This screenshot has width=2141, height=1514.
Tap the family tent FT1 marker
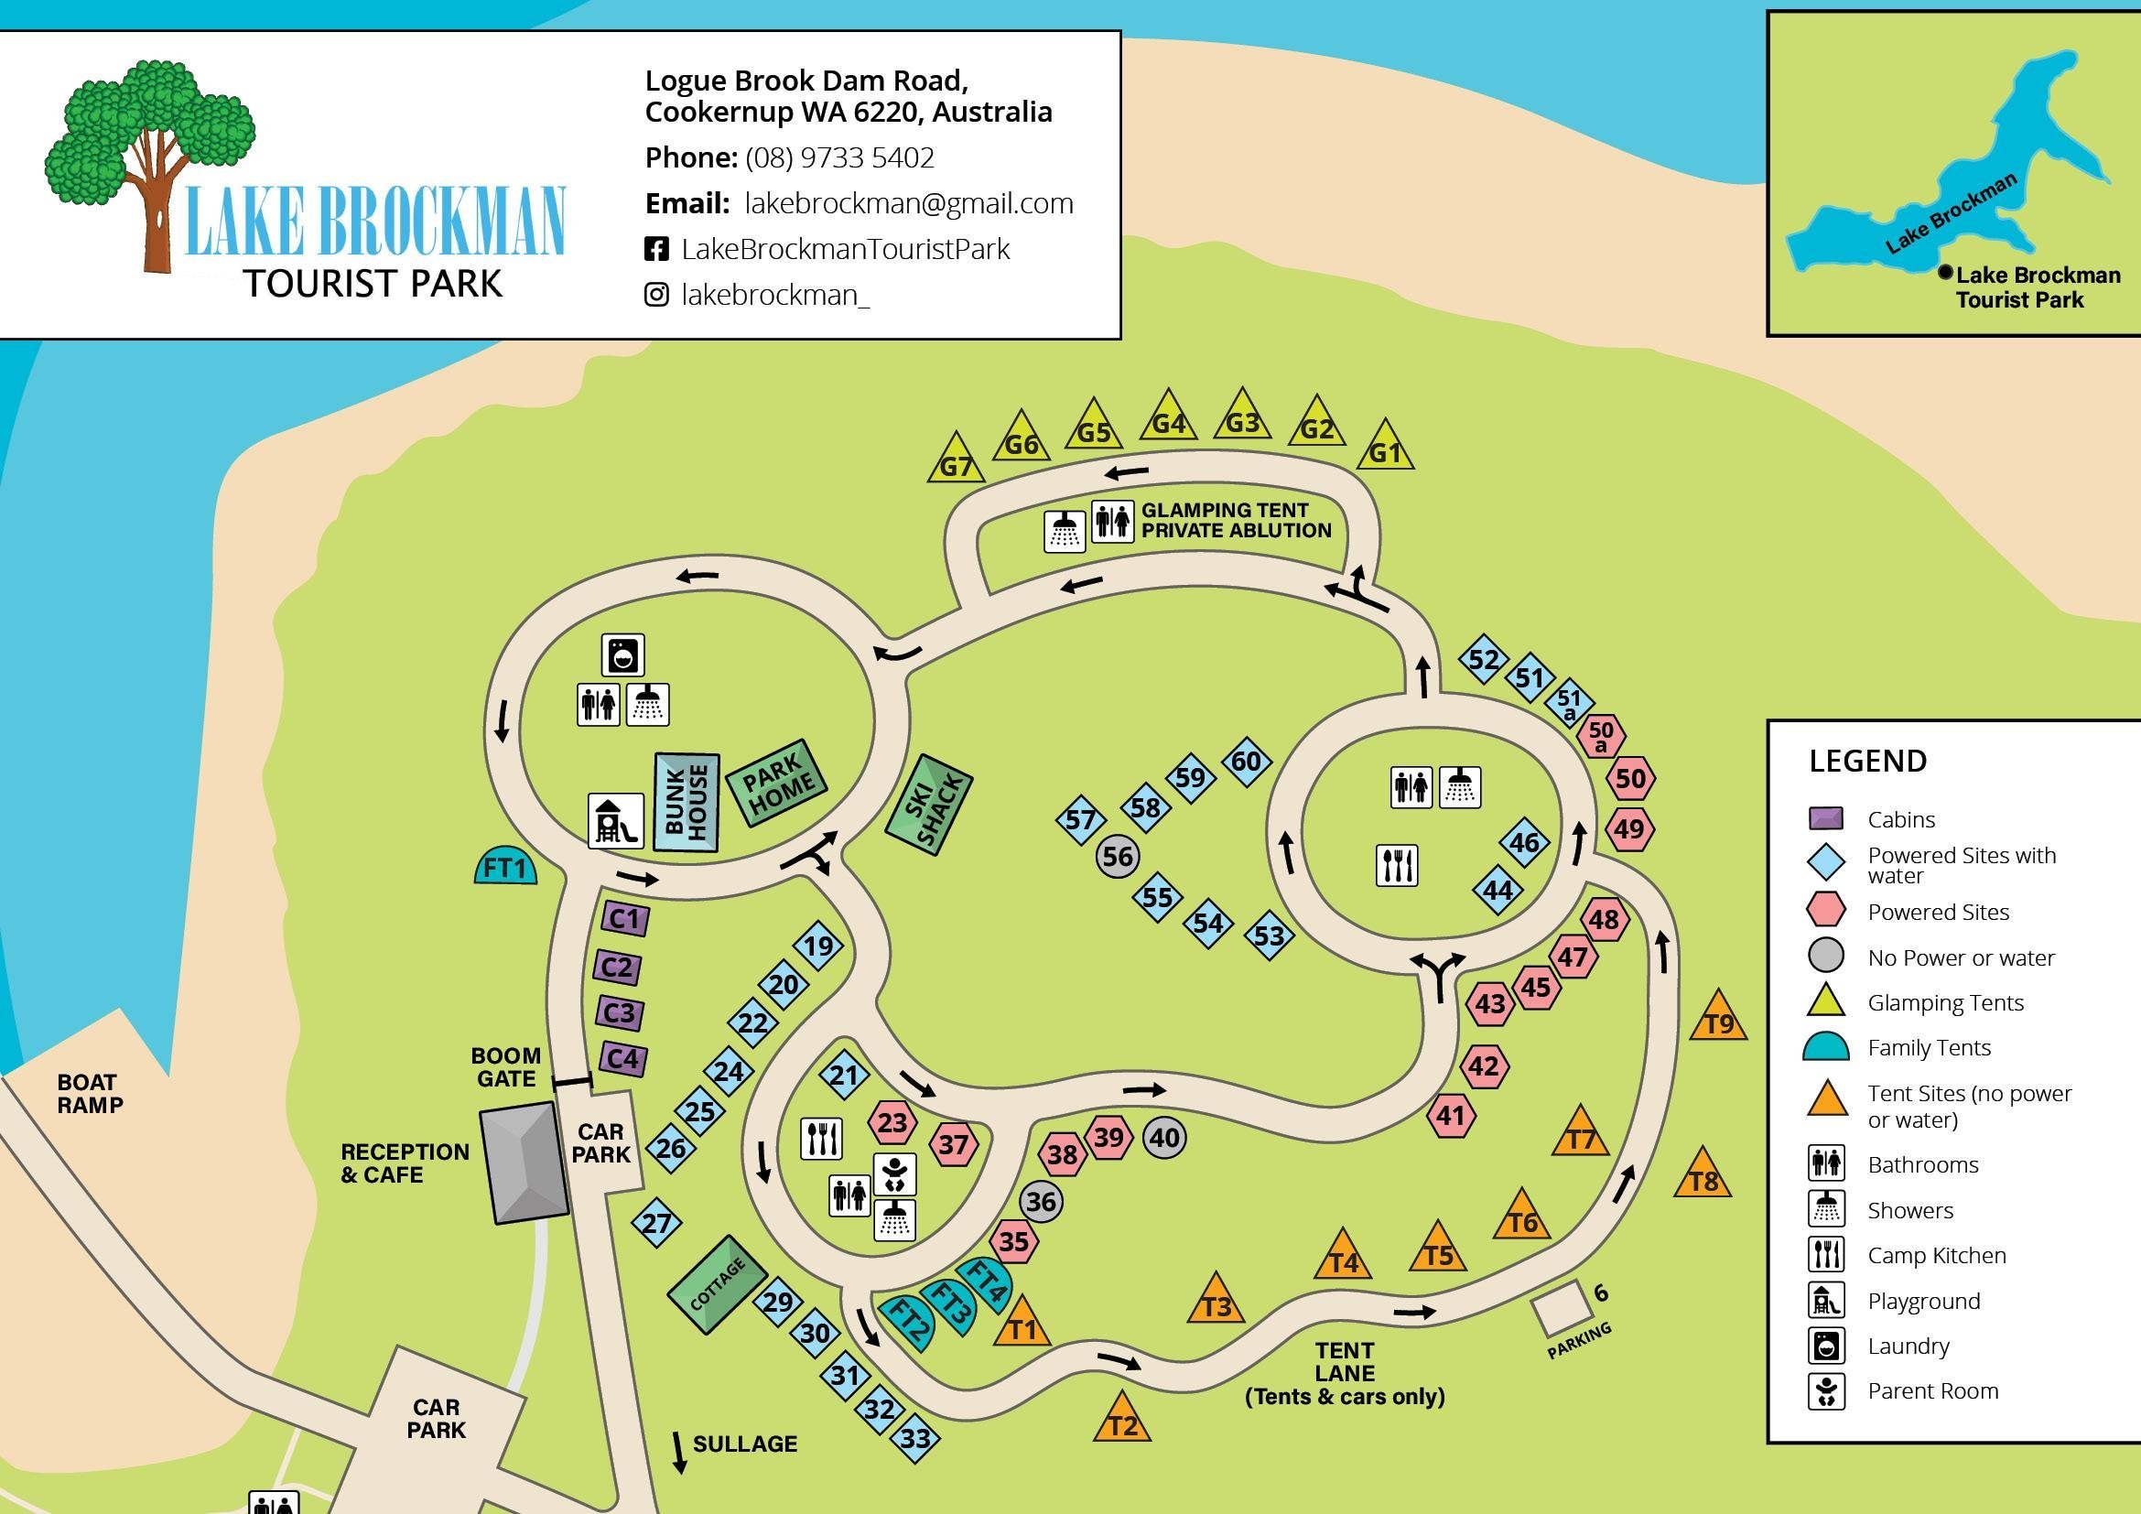pos(505,867)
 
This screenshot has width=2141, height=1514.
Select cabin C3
pos(618,1013)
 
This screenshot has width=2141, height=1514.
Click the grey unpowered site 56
pos(1117,856)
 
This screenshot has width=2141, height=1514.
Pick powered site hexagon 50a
pos(1601,736)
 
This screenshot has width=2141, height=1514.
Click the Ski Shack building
pos(929,805)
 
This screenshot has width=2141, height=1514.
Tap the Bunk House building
pos(687,802)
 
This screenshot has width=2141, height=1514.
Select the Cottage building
pos(717,1283)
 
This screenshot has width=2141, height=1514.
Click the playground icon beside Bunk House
pos(615,820)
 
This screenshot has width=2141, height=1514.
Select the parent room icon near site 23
pos(894,1173)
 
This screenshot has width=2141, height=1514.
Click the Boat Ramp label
pos(90,1094)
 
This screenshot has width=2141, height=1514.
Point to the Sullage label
pos(744,1444)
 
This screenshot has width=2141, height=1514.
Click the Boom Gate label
pos(505,1066)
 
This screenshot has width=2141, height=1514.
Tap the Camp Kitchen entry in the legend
pos(1936,1255)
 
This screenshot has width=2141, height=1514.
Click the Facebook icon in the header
pos(656,249)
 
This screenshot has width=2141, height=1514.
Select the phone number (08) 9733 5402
pos(839,157)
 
